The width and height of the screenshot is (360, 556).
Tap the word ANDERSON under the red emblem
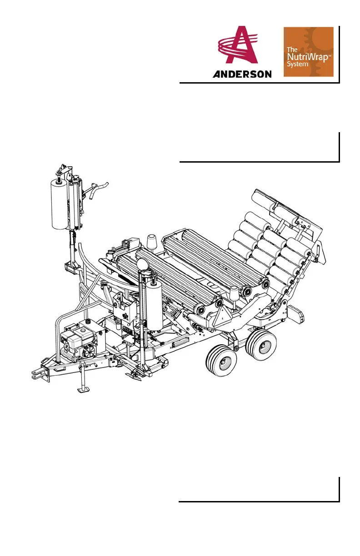(242, 74)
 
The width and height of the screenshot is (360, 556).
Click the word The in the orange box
(292, 50)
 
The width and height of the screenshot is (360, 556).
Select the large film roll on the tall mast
(60, 205)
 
